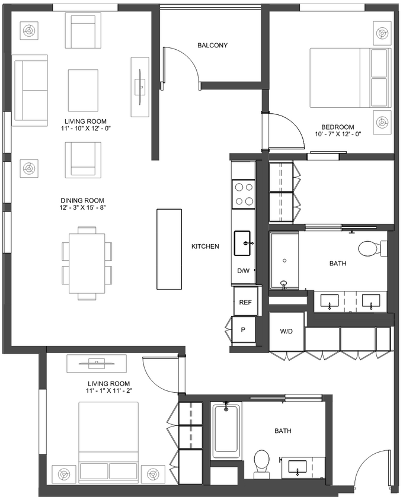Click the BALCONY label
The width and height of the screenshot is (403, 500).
212,46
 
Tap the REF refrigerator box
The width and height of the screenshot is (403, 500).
245,302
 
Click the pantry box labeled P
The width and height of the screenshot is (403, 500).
242,330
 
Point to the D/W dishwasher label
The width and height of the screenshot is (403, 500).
244,271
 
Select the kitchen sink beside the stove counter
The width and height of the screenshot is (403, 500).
244,243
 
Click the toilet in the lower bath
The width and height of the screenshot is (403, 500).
261,463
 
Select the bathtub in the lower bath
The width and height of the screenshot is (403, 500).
226,431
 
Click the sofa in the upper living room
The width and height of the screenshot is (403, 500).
30,90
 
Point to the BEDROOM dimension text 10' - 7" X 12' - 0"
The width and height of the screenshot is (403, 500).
337,134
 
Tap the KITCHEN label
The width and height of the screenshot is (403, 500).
205,246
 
